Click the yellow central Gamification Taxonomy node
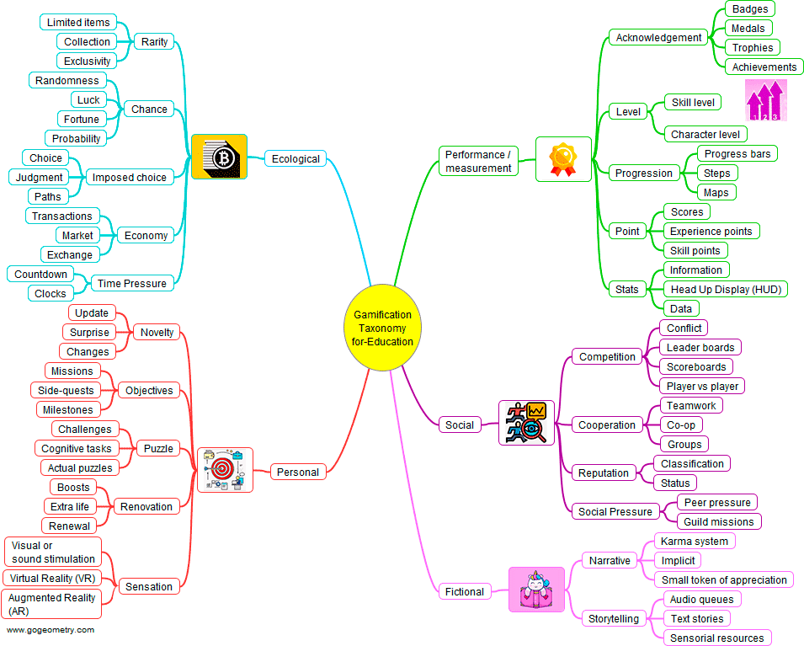382,328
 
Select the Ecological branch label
296,158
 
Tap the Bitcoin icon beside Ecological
219,157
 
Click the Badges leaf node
749,9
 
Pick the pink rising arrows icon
766,100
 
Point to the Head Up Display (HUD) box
725,289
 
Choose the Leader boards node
700,347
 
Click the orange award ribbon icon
563,157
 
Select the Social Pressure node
615,511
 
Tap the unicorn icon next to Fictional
536,590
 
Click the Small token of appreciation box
724,579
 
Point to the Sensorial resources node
717,638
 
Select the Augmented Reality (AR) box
52,604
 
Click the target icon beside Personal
225,470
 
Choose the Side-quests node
66,390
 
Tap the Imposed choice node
129,177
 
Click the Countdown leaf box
40,274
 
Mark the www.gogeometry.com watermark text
51,630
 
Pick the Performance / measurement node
478,161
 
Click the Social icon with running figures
526,423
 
